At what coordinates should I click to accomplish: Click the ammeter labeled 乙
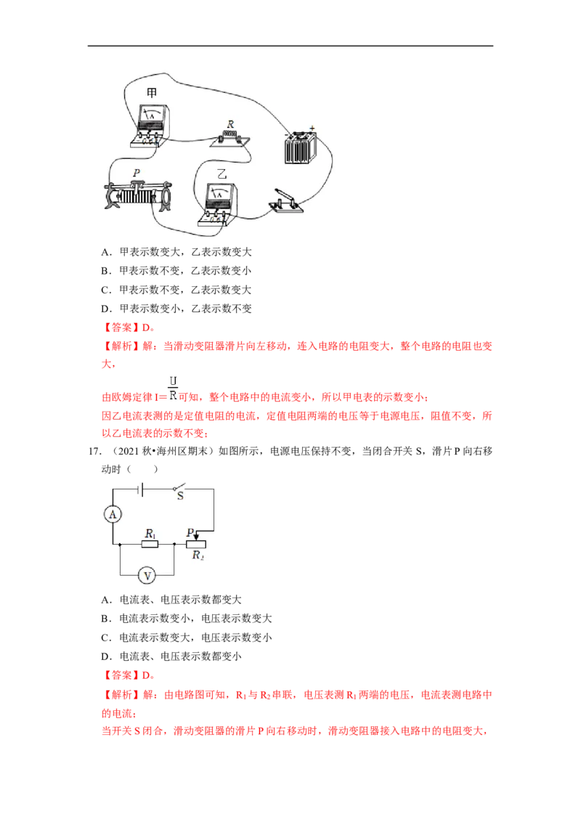[218, 205]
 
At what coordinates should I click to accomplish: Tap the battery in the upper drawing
[301, 146]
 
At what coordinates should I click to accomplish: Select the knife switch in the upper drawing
[286, 201]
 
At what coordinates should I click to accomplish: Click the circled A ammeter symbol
[113, 514]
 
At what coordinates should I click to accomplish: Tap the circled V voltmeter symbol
[147, 576]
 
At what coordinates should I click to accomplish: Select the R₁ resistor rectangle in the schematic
[150, 544]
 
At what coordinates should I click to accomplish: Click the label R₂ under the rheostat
[198, 556]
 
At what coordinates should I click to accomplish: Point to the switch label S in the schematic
[180, 496]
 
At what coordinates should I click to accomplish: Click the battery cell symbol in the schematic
[141, 489]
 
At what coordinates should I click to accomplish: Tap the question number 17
[94, 452]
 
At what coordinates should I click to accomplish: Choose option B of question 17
[187, 619]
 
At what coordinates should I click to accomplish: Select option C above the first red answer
[176, 290]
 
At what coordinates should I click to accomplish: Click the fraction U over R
[173, 388]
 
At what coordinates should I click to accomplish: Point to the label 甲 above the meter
[152, 93]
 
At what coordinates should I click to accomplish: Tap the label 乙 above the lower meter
[222, 174]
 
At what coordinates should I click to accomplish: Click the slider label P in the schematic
[190, 532]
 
